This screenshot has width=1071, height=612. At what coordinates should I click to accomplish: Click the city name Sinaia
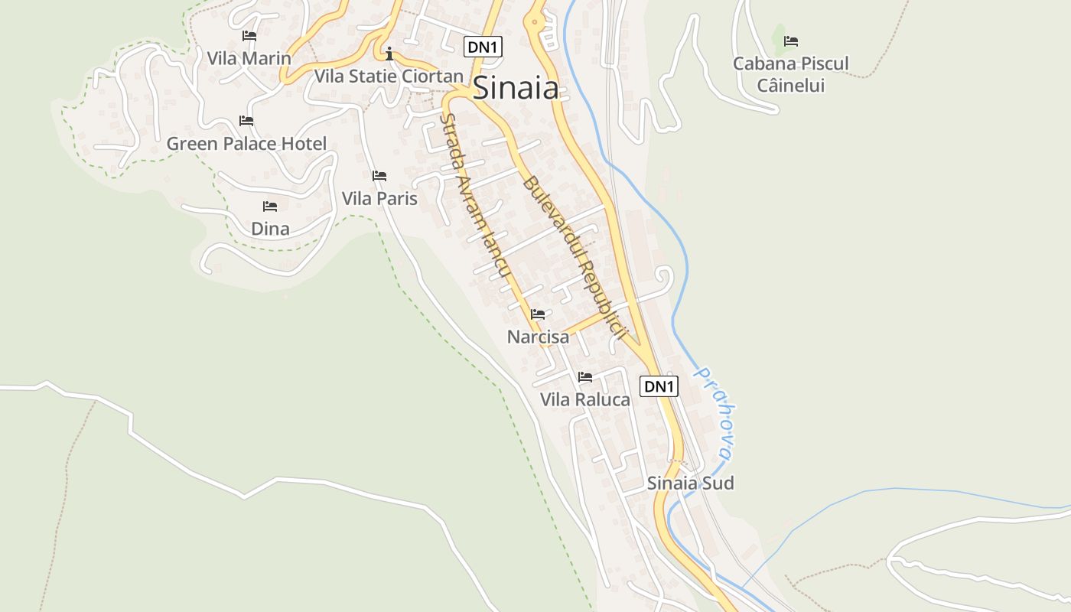(x=516, y=88)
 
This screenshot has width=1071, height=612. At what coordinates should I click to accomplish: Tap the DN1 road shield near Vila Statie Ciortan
(x=483, y=47)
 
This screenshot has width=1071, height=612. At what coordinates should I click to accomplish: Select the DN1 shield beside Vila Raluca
(x=659, y=386)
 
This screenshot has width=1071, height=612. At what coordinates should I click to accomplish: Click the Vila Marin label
(x=249, y=58)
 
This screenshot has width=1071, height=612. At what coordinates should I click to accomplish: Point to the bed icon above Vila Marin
(x=249, y=35)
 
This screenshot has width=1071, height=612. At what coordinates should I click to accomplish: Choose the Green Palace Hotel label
(x=246, y=144)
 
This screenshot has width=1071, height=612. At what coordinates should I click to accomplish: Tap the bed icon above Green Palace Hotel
(x=246, y=121)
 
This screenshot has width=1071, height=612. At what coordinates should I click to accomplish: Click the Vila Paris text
(x=379, y=199)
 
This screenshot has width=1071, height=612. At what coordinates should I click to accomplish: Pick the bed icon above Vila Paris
(x=379, y=176)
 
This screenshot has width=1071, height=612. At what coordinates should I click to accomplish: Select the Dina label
(x=270, y=229)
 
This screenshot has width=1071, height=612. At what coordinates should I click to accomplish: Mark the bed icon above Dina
(x=270, y=207)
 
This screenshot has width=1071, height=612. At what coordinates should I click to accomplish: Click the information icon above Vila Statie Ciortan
(x=389, y=54)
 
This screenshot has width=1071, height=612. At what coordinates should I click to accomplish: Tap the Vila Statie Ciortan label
(x=389, y=76)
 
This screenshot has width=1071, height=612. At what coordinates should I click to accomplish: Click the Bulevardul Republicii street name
(x=575, y=258)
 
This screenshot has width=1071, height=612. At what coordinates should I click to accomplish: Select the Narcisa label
(x=539, y=337)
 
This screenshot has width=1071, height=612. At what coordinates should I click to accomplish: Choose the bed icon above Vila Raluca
(x=585, y=377)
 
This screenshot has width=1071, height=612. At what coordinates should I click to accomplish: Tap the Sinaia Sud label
(x=691, y=483)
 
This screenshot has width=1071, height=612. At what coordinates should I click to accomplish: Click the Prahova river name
(x=714, y=414)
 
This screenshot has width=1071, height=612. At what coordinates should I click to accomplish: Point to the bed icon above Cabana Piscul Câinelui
(x=791, y=41)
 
